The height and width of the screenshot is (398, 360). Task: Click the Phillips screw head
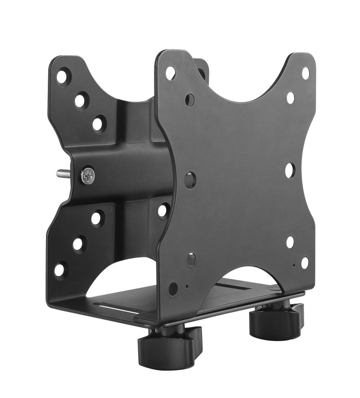(88, 175)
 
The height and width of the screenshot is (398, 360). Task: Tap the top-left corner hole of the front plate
(171, 73)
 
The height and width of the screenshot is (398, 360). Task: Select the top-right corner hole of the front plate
(306, 72)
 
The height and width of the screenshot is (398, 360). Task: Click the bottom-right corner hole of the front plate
(305, 262)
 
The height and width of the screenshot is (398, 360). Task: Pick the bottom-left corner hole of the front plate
(173, 289)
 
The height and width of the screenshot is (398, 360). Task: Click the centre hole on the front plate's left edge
(190, 180)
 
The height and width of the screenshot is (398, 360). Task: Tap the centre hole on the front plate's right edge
(290, 170)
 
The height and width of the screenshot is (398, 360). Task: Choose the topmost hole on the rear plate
(63, 76)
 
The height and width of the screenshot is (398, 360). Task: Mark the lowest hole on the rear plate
(60, 270)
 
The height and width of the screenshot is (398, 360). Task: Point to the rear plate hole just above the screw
(99, 124)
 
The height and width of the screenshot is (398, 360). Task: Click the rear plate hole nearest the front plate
(163, 211)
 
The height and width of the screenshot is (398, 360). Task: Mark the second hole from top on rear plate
(81, 100)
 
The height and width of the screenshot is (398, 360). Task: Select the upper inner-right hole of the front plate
(290, 97)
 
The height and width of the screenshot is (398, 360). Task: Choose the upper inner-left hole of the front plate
(190, 99)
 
